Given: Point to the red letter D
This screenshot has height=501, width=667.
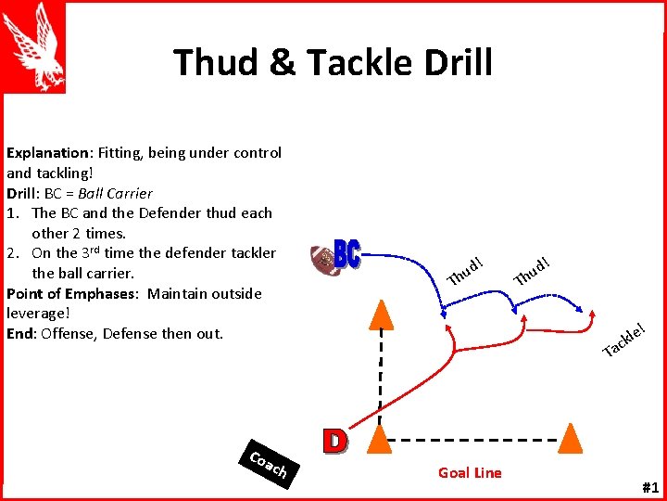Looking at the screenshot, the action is pyautogui.click(x=334, y=440).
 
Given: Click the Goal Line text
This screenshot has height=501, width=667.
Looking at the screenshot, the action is pyautogui.click(x=470, y=473).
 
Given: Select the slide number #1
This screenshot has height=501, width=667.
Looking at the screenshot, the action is pyautogui.click(x=648, y=488).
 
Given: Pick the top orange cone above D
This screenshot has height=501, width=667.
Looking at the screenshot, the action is pyautogui.click(x=378, y=315).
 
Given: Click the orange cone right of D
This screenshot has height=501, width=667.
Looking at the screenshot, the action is pyautogui.click(x=379, y=438).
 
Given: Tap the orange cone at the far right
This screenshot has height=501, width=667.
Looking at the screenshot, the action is pyautogui.click(x=572, y=438).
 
